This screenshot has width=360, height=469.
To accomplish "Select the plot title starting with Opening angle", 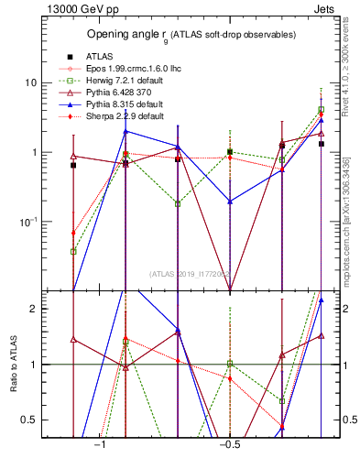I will [x=191, y=35].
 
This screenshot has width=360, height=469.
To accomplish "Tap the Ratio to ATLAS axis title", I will [x=14, y=365].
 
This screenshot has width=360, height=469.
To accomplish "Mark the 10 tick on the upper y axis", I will [x=30, y=82].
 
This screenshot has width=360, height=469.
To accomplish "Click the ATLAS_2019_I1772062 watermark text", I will [x=189, y=274].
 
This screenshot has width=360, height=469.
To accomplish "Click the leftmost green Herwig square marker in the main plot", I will [x=73, y=251].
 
